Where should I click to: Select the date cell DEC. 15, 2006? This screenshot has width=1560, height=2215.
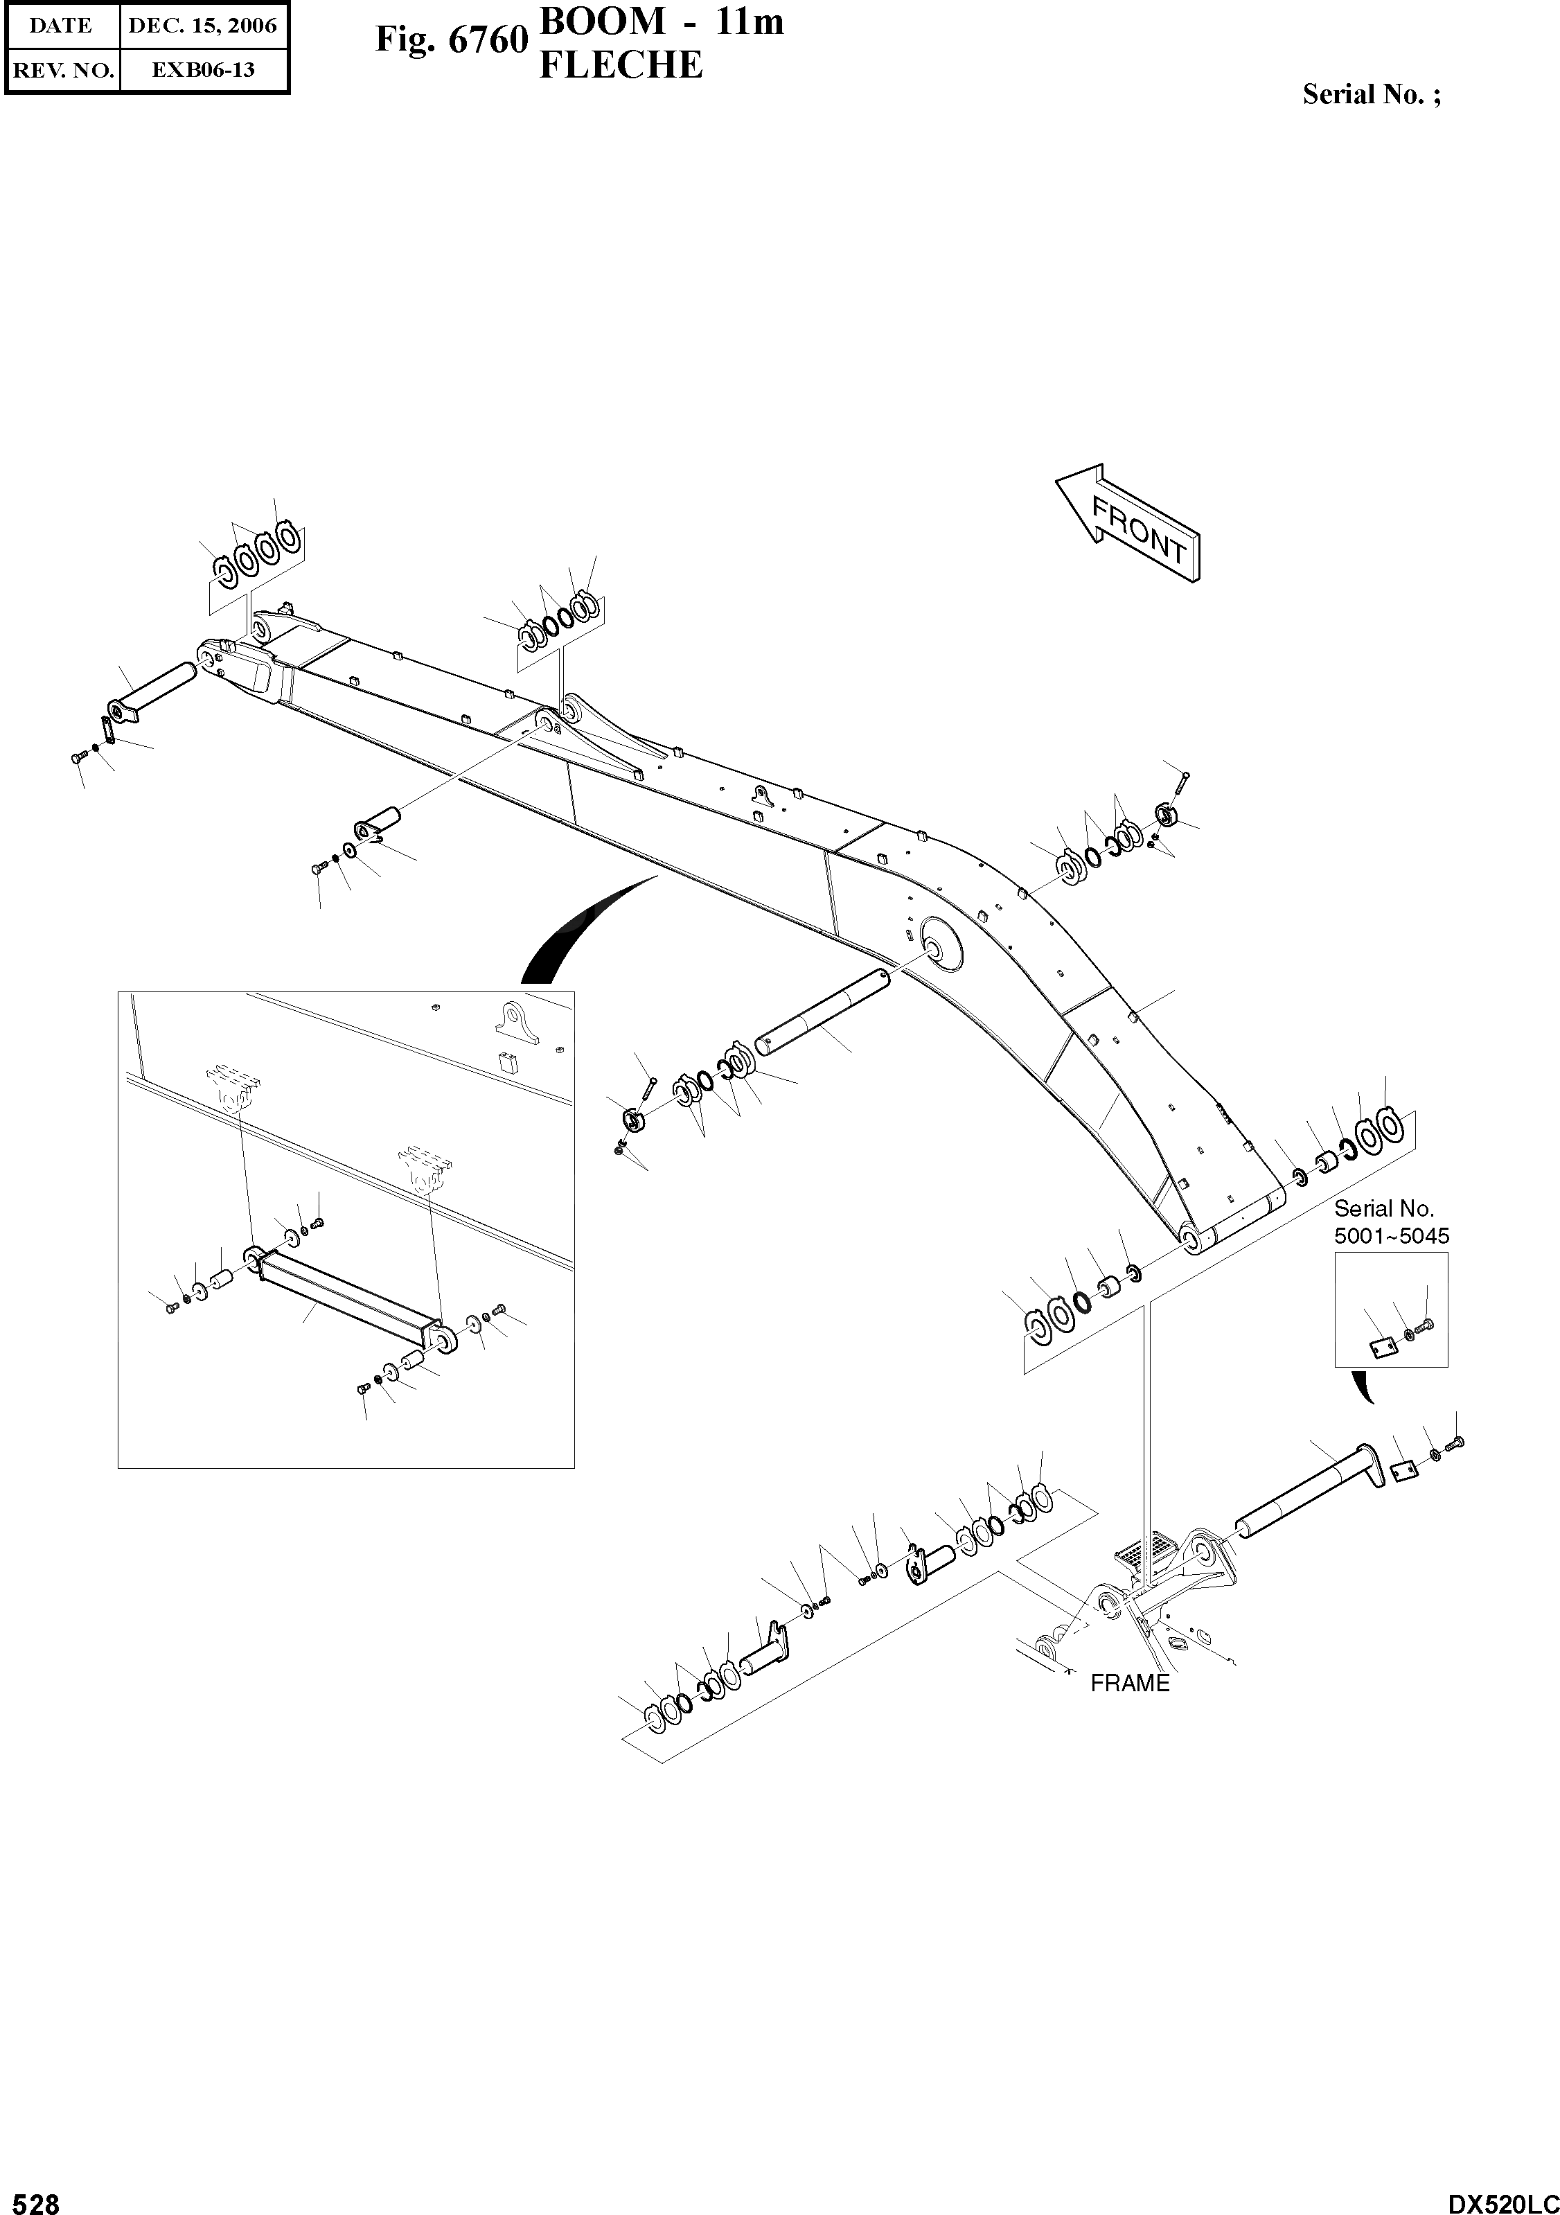coord(202,26)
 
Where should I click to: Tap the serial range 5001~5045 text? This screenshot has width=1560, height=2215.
coord(1391,1236)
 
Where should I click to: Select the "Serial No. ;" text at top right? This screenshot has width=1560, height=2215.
coord(1371,94)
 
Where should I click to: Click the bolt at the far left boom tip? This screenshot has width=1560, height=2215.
coord(76,759)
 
